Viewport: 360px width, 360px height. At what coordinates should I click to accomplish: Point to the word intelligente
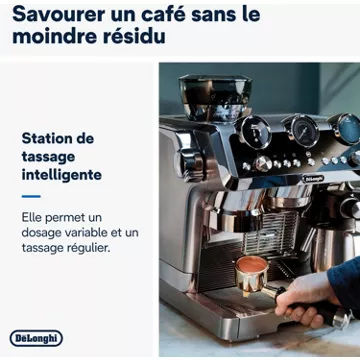(x=62, y=175)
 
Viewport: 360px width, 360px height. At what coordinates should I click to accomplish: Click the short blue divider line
(x=31, y=196)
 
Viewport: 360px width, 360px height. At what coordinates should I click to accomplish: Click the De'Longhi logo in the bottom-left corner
(x=36, y=339)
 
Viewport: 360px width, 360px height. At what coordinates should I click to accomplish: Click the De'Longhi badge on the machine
(x=313, y=178)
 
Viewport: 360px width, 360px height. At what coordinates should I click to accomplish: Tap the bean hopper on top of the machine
(x=215, y=97)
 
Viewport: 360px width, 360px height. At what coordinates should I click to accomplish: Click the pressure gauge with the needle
(x=302, y=130)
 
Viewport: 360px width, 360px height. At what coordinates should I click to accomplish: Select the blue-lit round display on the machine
(x=347, y=128)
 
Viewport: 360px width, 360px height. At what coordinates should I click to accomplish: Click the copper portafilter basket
(x=251, y=275)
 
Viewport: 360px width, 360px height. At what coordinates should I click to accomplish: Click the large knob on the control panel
(x=263, y=164)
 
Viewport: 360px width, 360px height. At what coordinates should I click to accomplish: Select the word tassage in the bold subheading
(x=48, y=157)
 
